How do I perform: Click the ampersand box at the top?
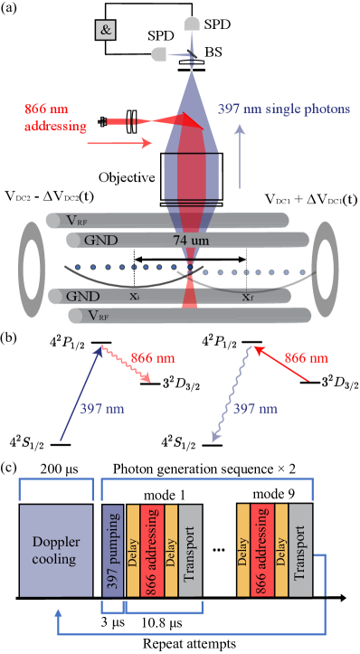(106, 30)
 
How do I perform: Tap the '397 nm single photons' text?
(283, 109)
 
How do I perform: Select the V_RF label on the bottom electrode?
(97, 316)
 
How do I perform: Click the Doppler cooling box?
(56, 552)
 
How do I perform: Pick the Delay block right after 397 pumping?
(133, 552)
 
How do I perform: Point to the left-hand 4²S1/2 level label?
(27, 442)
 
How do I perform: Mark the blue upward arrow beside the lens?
(239, 154)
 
